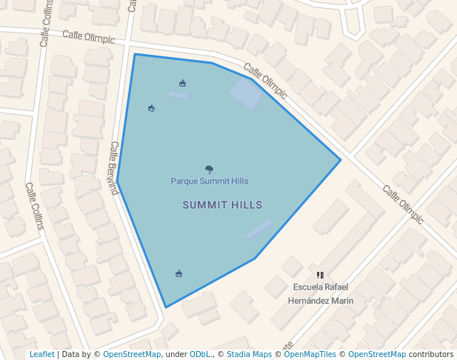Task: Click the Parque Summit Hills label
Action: [209, 181]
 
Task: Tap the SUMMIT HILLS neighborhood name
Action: [222, 205]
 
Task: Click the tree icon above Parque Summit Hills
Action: [210, 170]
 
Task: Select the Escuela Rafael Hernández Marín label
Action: [320, 293]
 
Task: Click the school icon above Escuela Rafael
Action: [320, 275]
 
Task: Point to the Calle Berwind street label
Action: [114, 168]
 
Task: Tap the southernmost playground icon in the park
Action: [179, 273]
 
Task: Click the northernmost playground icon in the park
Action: [182, 82]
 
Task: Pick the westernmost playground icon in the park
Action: [151, 108]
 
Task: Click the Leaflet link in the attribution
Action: [42, 354]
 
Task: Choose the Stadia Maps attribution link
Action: [249, 354]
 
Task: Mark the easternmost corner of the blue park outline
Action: [340, 160]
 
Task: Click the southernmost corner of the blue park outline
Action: [166, 307]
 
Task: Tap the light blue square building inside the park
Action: [246, 94]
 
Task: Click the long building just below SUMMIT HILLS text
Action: [258, 230]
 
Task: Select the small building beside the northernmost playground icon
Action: [178, 95]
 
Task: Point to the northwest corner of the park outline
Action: [135, 54]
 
